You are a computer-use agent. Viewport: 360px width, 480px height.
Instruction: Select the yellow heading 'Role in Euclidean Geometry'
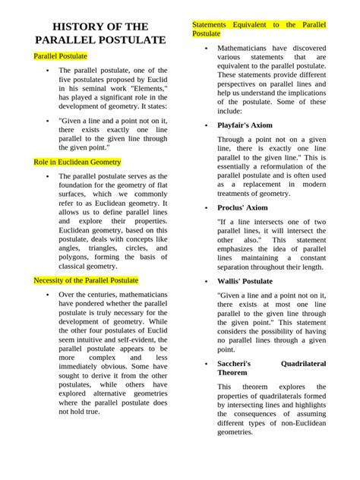coord(77,162)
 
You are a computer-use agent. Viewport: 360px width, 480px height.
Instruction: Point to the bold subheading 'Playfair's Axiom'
coord(245,125)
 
